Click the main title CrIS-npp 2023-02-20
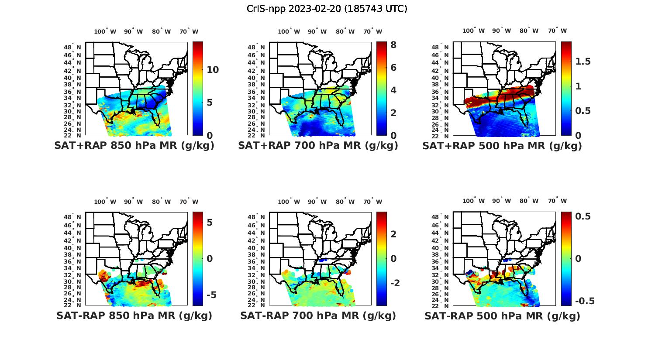tap(327, 9)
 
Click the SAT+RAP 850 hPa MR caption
tap(134, 146)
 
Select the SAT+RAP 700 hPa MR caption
tap(318, 146)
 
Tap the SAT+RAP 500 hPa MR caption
tap(502, 146)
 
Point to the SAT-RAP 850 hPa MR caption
tap(134, 315)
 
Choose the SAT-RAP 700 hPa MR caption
tap(318, 315)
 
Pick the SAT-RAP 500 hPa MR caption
tap(502, 315)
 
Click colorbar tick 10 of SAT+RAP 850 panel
tap(213, 69)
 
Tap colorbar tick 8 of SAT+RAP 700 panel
tap(393, 45)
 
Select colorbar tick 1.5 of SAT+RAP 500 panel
tap(583, 62)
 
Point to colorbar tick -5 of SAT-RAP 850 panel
tap(210, 295)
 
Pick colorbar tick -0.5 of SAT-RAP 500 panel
tap(584, 301)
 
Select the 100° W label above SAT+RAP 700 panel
tap(289, 31)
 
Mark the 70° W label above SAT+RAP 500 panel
tap(557, 31)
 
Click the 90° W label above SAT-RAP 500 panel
tap(501, 201)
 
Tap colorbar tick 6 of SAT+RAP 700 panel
tap(393, 67)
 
